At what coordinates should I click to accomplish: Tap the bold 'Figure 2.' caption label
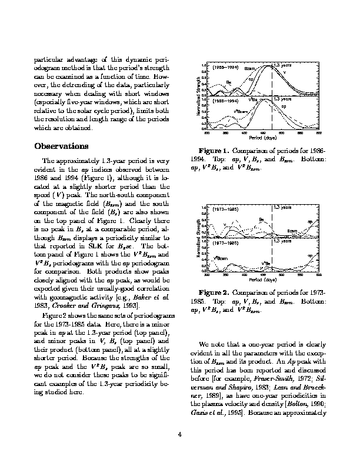coord(214,292)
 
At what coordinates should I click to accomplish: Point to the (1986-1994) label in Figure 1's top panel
coord(226,68)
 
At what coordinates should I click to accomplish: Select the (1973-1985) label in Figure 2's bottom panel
coord(226,243)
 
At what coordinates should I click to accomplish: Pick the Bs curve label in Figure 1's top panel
coord(229,82)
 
